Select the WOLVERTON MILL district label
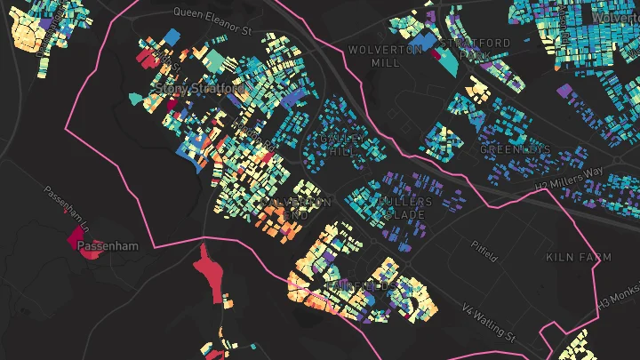tap(385, 56)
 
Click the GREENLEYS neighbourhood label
tap(516, 149)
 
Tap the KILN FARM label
tap(579, 257)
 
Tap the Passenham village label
tap(108, 245)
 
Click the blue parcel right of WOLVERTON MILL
tap(427, 41)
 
